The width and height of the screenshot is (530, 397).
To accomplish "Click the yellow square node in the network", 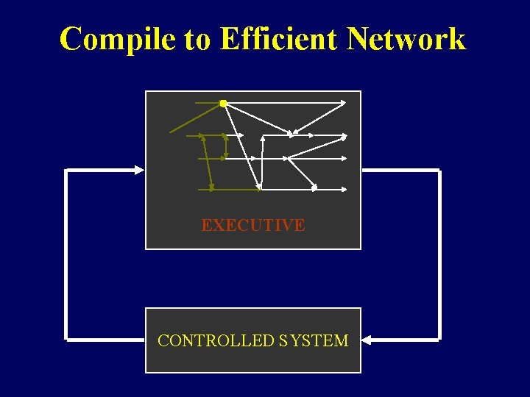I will tap(222, 104).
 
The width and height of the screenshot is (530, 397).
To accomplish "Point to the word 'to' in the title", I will tap(197, 40).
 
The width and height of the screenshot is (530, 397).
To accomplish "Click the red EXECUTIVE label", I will tap(252, 225).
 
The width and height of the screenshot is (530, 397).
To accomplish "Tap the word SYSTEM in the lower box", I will tap(314, 340).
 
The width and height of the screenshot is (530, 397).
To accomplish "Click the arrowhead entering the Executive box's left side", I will tap(138, 170).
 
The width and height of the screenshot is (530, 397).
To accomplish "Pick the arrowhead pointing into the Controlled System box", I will tap(367, 340).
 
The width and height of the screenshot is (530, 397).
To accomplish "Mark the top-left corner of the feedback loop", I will tap(67, 171).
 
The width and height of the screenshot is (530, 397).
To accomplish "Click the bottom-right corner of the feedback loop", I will tap(439, 340).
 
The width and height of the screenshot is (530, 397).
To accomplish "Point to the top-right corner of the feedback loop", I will tap(439, 171).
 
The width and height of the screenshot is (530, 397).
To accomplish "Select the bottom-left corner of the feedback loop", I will tap(67, 340).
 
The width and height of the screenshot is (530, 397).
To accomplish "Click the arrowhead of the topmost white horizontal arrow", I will tap(342, 103).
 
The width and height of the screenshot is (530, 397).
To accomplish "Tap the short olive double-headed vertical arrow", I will tap(225, 146).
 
